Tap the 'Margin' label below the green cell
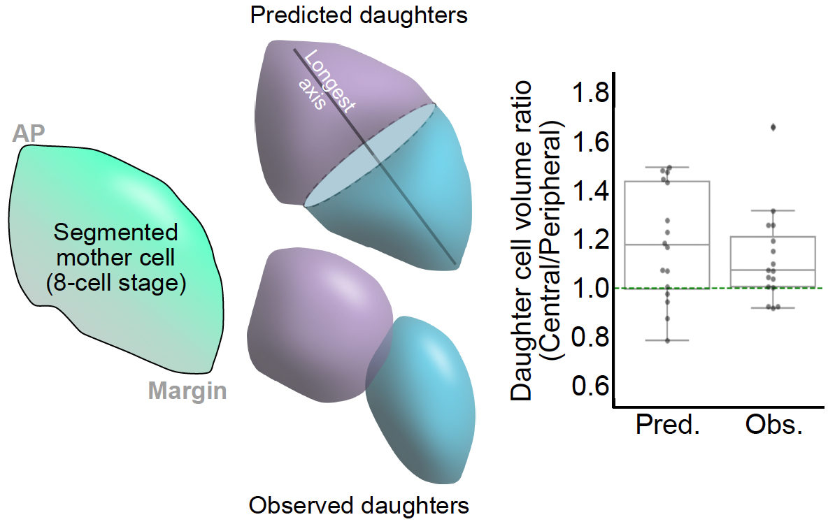[187, 391]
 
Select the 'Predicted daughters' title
[359, 15]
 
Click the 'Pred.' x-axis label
[668, 425]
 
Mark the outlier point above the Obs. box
[773, 127]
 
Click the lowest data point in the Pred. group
[667, 340]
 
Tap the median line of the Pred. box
[667, 245]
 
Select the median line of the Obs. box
[773, 270]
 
